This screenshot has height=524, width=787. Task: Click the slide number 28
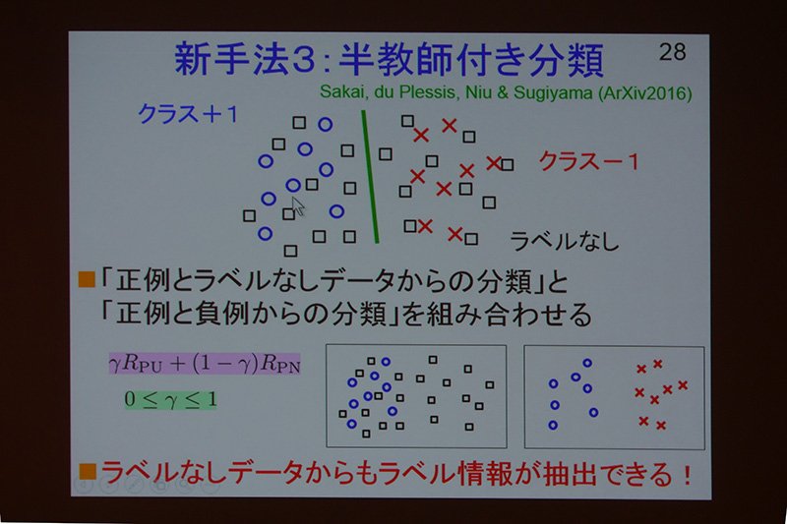tap(672, 52)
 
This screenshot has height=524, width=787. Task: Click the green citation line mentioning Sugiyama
tap(506, 92)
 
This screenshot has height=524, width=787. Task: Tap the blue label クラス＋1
tap(188, 115)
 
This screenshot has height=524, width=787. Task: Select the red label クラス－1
tap(588, 161)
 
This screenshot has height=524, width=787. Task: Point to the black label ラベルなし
tap(564, 241)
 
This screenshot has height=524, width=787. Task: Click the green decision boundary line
tap(371, 177)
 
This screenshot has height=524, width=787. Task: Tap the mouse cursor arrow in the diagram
tap(298, 206)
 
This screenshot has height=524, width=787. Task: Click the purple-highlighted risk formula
tap(205, 363)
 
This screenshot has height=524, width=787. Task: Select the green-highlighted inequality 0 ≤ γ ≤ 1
tap(170, 400)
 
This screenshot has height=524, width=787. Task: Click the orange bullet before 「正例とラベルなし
tap(87, 279)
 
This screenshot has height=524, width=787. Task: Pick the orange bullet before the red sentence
tap(88, 471)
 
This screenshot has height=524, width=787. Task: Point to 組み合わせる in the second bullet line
tap(510, 315)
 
